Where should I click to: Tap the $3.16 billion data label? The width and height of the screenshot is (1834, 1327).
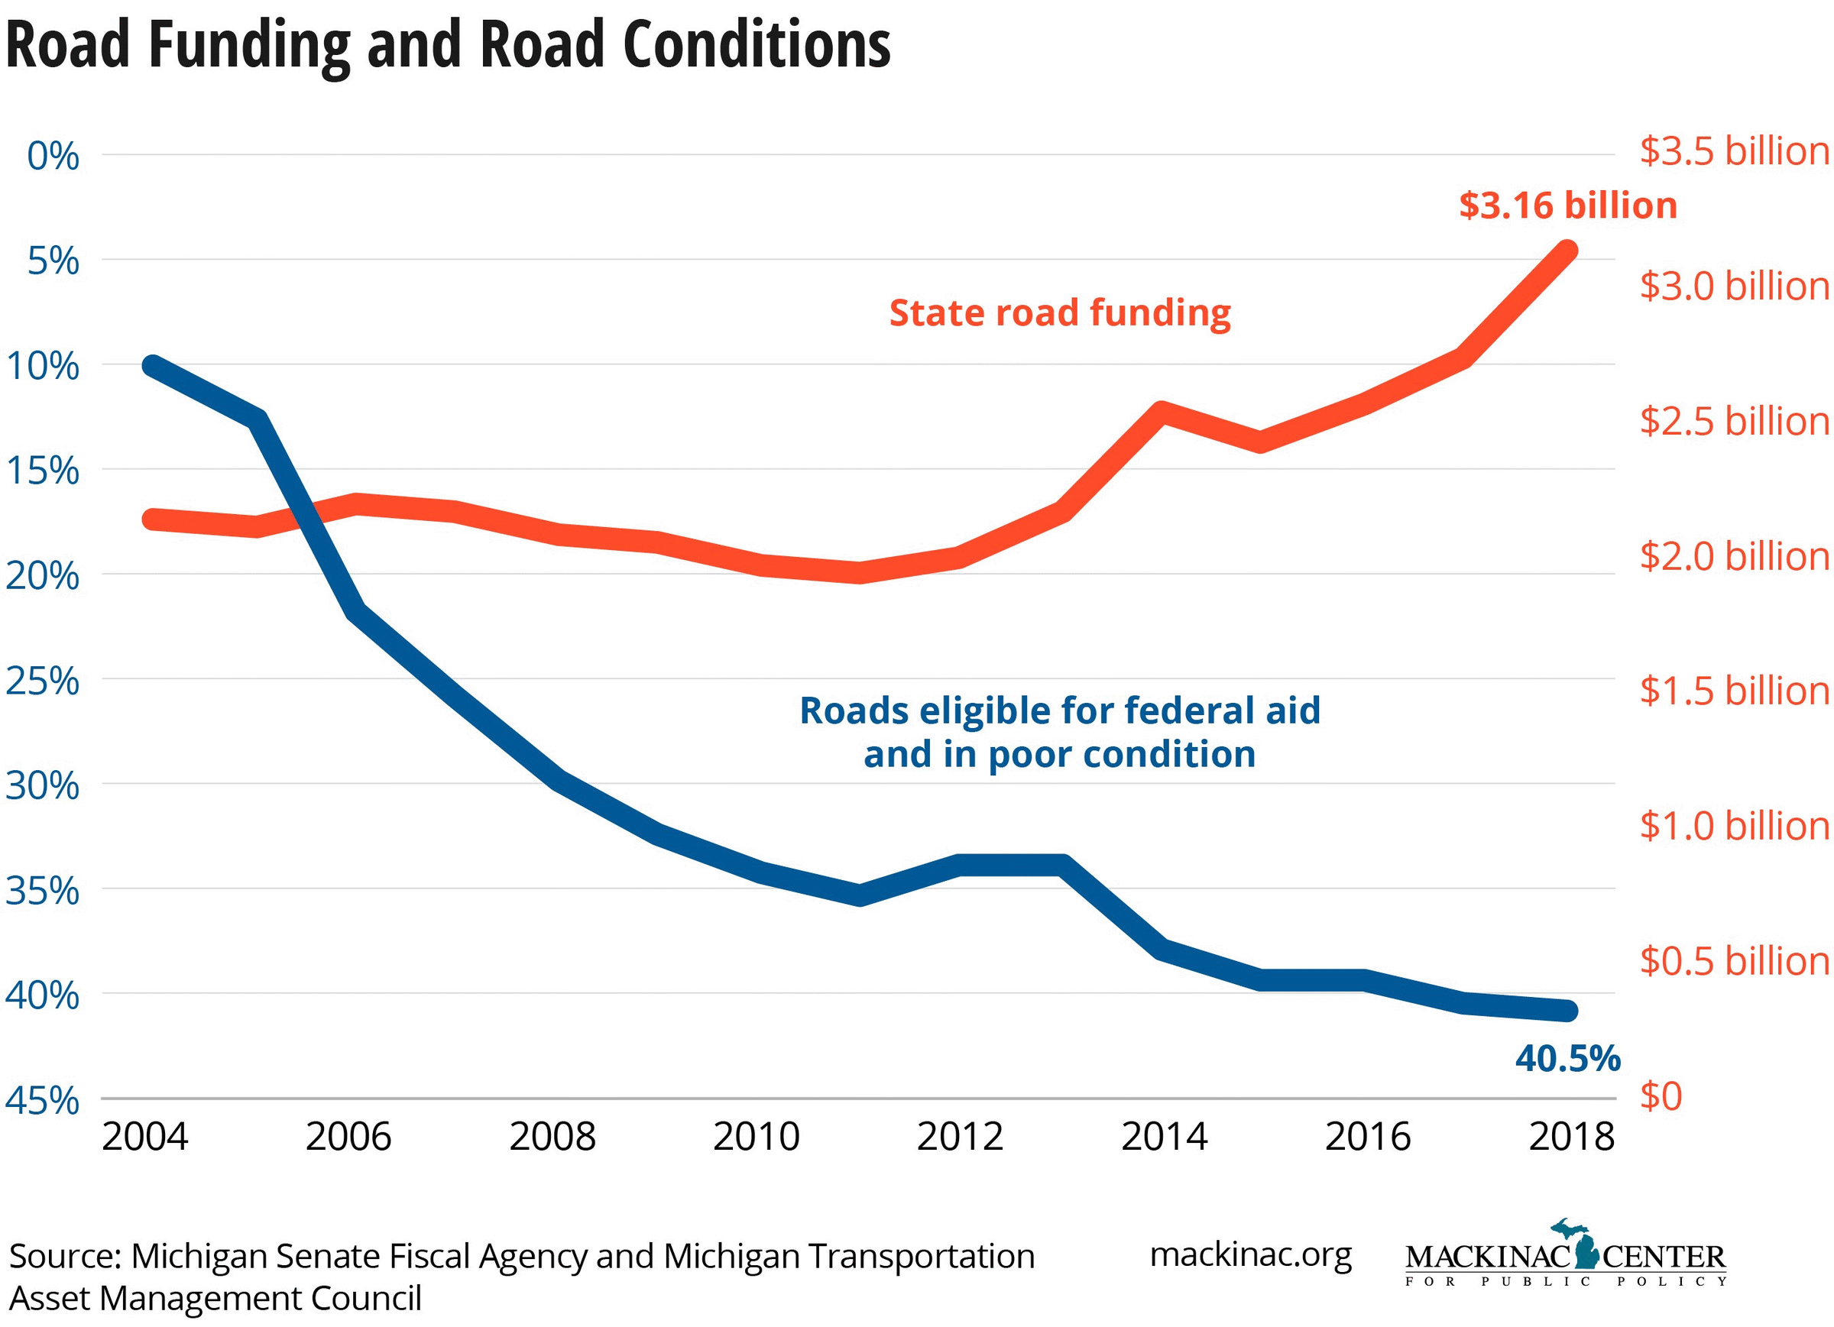pyautogui.click(x=1567, y=206)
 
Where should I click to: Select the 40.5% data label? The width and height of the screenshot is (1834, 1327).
pyautogui.click(x=1567, y=1058)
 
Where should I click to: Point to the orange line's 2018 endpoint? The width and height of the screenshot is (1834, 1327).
pyautogui.click(x=1567, y=250)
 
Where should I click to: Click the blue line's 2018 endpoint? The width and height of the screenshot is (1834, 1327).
pyautogui.click(x=1567, y=1011)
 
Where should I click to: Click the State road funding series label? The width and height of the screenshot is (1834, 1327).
pyautogui.click(x=1059, y=313)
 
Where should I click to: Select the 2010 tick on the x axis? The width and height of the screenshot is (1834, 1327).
pyautogui.click(x=755, y=1136)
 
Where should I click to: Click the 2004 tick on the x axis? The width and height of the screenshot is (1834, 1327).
pyautogui.click(x=144, y=1136)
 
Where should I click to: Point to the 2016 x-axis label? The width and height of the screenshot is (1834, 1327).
pyautogui.click(x=1367, y=1136)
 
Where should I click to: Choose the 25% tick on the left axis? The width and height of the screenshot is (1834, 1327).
pyautogui.click(x=43, y=681)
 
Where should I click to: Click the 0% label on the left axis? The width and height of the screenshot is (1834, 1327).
pyautogui.click(x=53, y=156)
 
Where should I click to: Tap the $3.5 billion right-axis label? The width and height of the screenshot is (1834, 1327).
pyautogui.click(x=1734, y=151)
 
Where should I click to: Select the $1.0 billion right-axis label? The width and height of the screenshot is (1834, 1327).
pyautogui.click(x=1734, y=826)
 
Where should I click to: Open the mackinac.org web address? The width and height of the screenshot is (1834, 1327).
pyautogui.click(x=1250, y=1254)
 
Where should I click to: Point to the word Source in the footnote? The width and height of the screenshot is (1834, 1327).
pyautogui.click(x=65, y=1256)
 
